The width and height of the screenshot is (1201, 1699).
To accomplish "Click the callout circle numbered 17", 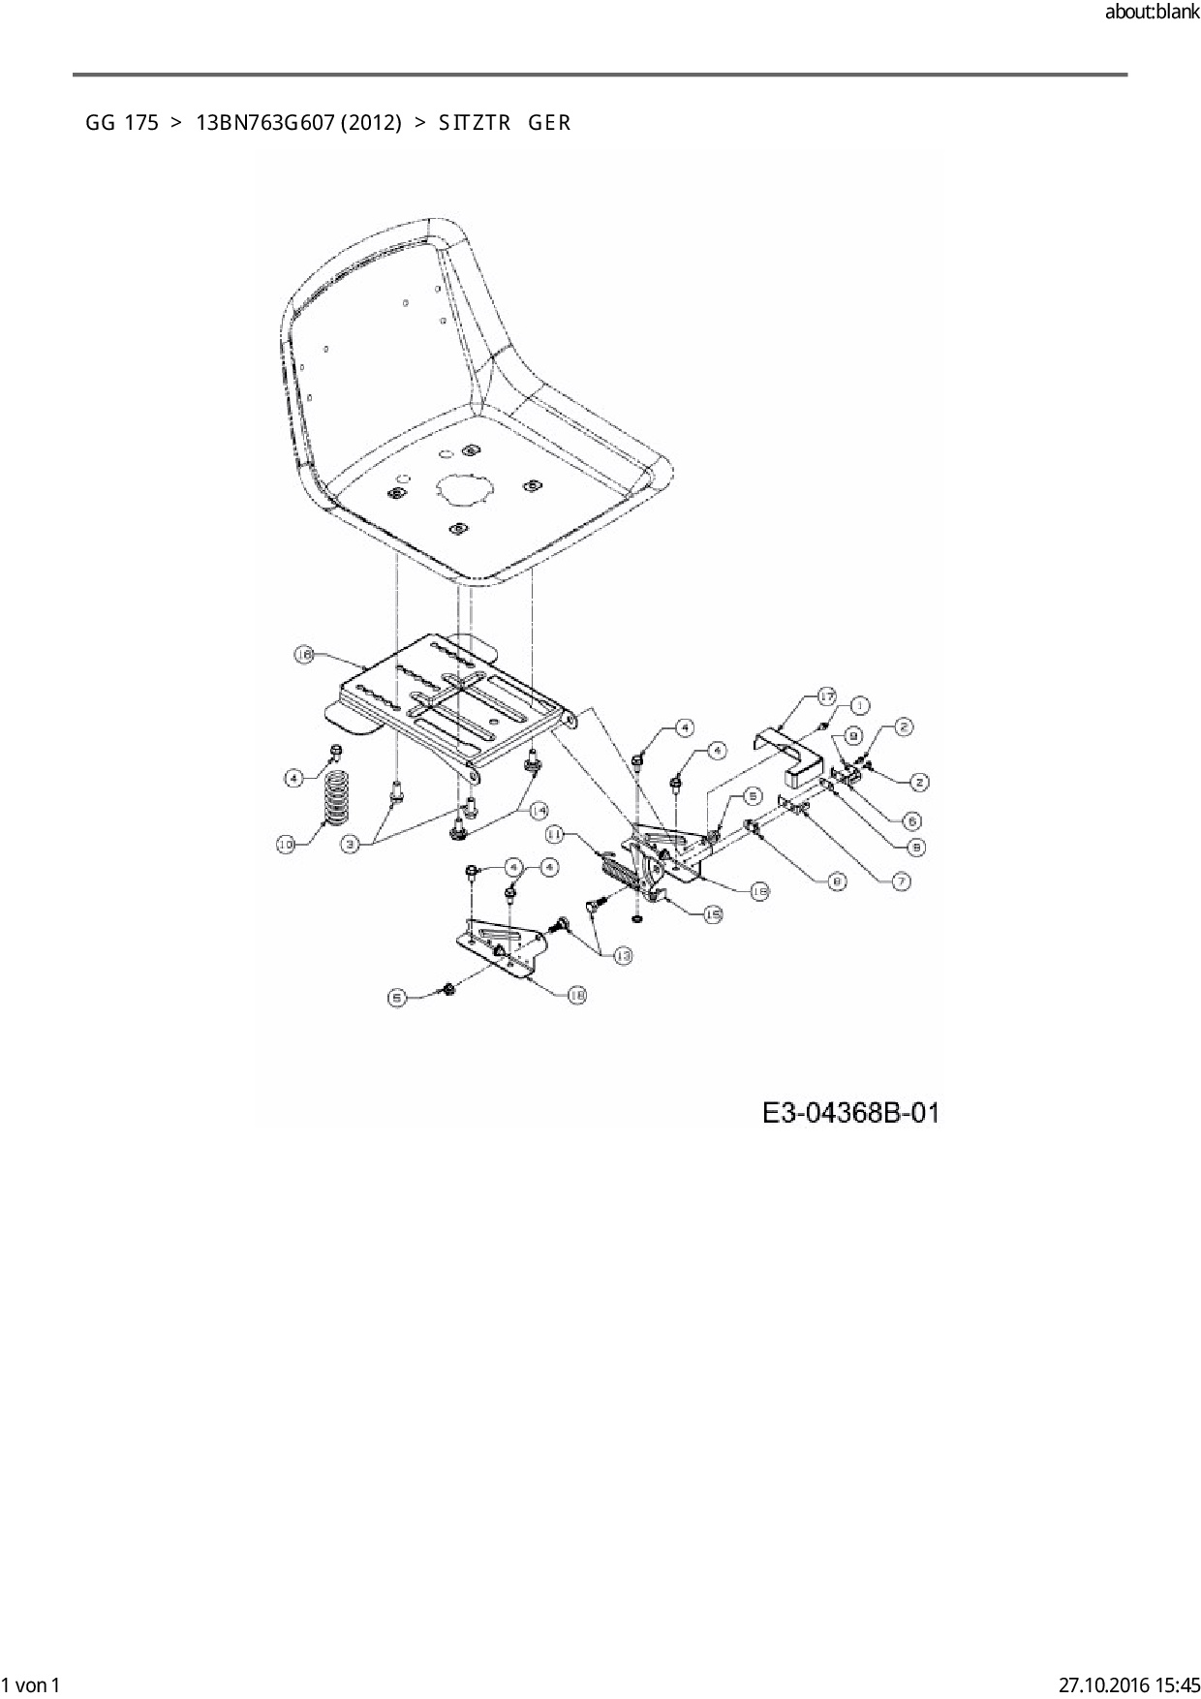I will coord(826,696).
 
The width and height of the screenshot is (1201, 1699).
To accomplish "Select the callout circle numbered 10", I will coord(286,845).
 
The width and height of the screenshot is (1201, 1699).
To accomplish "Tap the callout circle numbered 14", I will coord(537,809).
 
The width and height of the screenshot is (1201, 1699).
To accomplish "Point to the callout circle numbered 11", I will coord(555,833).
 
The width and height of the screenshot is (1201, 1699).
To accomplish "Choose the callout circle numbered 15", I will coord(713,913).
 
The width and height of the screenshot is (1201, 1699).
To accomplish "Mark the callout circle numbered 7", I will coord(901,881).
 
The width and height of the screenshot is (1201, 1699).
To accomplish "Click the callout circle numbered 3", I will coord(353,845).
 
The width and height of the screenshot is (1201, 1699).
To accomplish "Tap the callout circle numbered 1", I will coord(858,705).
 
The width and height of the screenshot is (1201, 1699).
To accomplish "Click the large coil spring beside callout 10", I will coord(335,796).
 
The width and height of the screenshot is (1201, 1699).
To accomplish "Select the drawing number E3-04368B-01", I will coord(850,1112).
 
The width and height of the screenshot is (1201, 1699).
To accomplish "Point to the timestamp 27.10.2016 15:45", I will coord(1129,1684).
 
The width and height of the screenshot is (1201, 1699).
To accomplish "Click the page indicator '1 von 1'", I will coord(31,1684).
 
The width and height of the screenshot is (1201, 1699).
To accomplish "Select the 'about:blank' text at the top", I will coord(1152,14).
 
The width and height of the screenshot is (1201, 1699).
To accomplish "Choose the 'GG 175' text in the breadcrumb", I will coord(121,123).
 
